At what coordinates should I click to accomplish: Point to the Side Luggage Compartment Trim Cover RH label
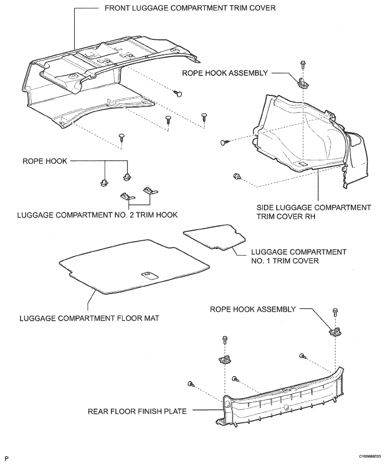(x=313, y=212)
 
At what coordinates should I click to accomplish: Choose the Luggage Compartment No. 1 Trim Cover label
(x=299, y=256)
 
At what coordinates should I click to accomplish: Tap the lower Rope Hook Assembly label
(x=252, y=309)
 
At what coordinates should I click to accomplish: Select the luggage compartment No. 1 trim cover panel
(x=214, y=237)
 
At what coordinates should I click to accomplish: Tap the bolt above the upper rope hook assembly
(x=302, y=64)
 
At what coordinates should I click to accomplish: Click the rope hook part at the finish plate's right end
(x=336, y=332)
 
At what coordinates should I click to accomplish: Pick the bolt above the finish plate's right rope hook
(x=335, y=313)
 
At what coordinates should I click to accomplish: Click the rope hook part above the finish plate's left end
(x=225, y=358)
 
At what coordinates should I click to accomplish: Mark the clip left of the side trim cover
(x=224, y=143)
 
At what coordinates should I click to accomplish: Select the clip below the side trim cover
(x=238, y=178)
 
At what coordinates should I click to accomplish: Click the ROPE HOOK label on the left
(x=44, y=161)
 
